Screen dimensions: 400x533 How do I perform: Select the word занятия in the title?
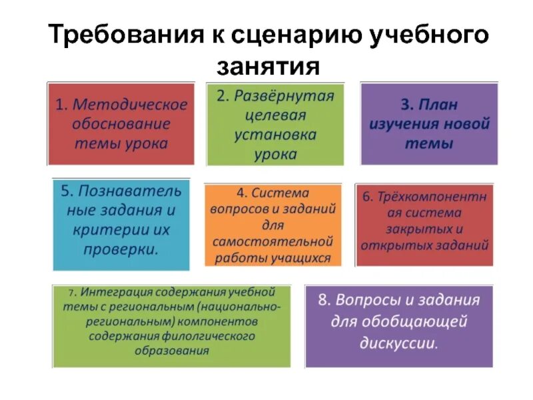(x=267, y=66)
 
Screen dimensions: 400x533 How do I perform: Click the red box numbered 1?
(x=121, y=124)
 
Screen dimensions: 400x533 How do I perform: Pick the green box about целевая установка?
(x=275, y=124)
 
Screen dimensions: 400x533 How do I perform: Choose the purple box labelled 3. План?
(x=429, y=124)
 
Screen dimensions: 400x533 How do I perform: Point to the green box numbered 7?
(x=172, y=325)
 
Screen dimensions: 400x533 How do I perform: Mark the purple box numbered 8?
(x=398, y=325)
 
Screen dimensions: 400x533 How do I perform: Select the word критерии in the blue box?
(x=109, y=230)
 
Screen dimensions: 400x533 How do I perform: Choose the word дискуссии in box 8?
(x=397, y=345)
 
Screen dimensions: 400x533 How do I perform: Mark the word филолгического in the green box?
(x=207, y=337)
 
